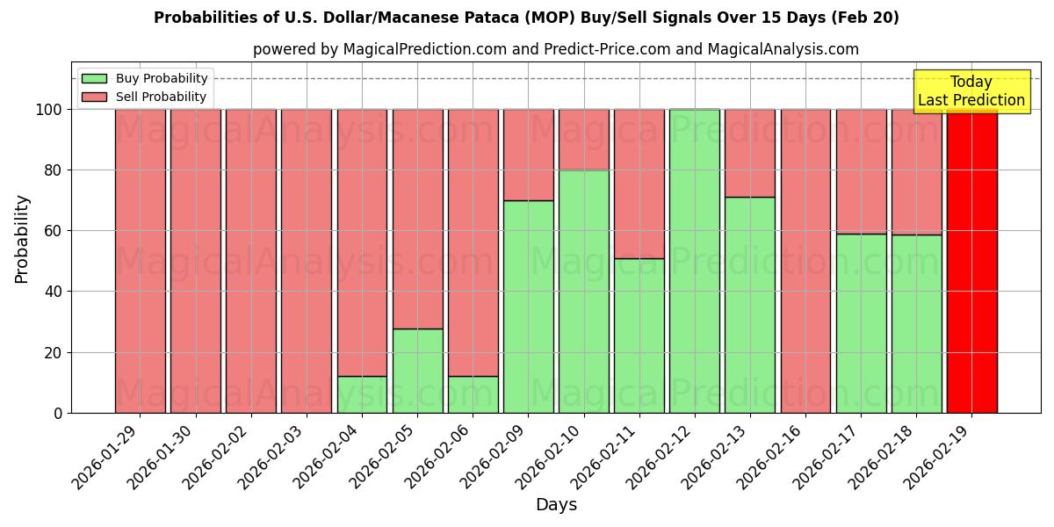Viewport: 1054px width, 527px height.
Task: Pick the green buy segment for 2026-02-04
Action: pyautogui.click(x=362, y=394)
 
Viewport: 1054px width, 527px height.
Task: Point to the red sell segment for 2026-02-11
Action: pyautogui.click(x=639, y=184)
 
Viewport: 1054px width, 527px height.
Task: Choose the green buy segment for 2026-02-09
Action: pyautogui.click(x=529, y=307)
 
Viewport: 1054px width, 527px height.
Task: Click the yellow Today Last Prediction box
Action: pyautogui.click(x=971, y=91)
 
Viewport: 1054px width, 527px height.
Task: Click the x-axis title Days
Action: pyautogui.click(x=556, y=505)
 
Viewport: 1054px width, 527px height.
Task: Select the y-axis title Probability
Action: pyautogui.click(x=22, y=238)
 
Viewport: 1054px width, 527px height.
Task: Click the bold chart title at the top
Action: pyautogui.click(x=526, y=18)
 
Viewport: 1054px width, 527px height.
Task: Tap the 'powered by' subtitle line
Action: pyautogui.click(x=556, y=49)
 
